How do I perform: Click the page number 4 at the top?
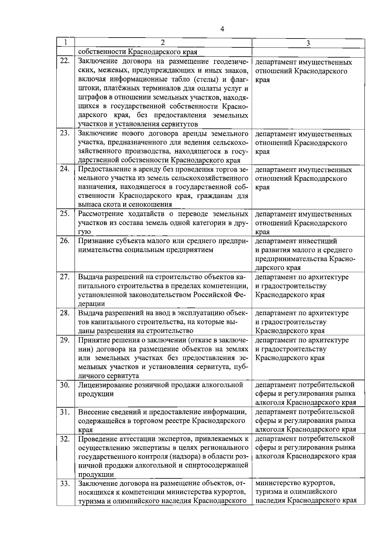[222, 29]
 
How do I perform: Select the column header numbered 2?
[163, 43]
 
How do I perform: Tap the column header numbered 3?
[308, 43]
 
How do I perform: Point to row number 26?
[65, 241]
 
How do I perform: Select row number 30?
[65, 385]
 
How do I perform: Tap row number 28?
[65, 313]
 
